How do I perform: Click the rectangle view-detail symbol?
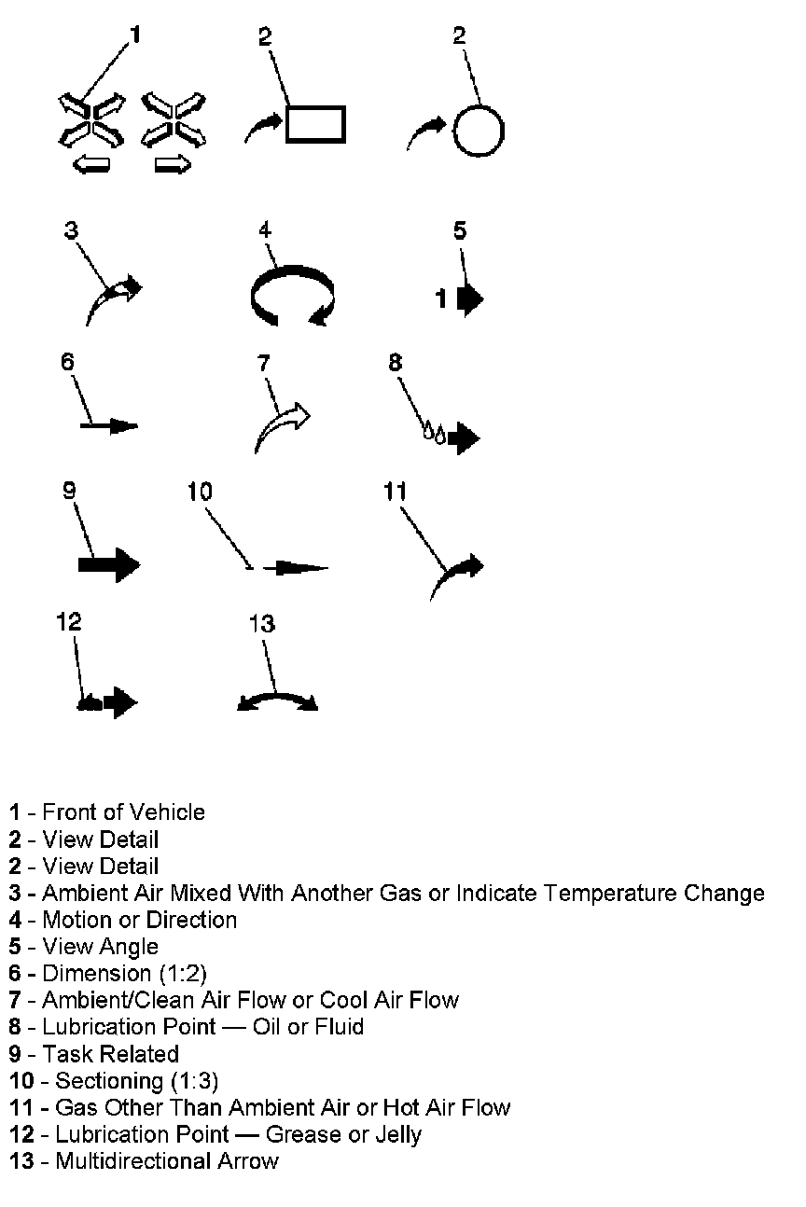pyautogui.click(x=315, y=124)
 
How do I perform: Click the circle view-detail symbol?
pyautogui.click(x=479, y=130)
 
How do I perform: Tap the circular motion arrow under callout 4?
pyautogui.click(x=292, y=297)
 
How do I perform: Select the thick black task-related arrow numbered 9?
pyautogui.click(x=108, y=564)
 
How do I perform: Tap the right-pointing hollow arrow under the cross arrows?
pyautogui.click(x=172, y=166)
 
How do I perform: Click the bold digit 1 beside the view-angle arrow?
pyautogui.click(x=442, y=299)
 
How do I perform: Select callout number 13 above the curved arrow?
pyautogui.click(x=262, y=623)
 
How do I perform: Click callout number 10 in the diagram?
pyautogui.click(x=200, y=492)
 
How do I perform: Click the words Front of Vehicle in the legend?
pyautogui.click(x=123, y=812)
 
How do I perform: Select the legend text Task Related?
pyautogui.click(x=110, y=1054)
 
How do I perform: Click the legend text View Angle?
pyautogui.click(x=100, y=947)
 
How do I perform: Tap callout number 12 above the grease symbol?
pyautogui.click(x=69, y=621)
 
